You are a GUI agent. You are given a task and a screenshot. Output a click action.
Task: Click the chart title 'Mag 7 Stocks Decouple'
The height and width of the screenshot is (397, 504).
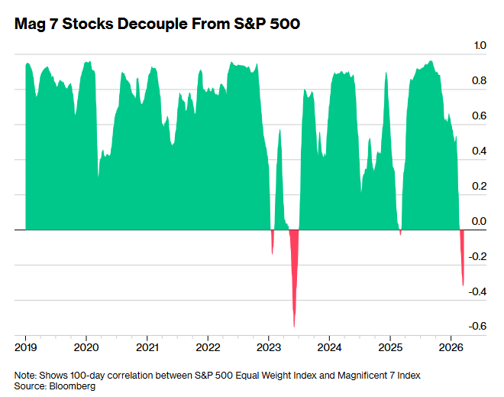tap(157, 24)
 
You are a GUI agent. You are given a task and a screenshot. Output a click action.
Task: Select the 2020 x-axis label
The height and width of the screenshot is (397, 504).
tap(86, 345)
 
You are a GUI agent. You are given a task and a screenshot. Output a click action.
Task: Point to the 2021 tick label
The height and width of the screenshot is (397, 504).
tap(147, 345)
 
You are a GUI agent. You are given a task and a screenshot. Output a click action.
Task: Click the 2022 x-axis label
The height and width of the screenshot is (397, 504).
tap(208, 345)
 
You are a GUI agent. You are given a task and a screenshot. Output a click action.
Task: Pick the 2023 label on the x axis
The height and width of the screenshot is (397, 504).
tap(269, 345)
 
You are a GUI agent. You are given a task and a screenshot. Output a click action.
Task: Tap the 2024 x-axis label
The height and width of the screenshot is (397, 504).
tap(329, 345)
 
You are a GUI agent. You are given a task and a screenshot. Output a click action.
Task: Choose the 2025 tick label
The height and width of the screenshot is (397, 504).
tap(390, 345)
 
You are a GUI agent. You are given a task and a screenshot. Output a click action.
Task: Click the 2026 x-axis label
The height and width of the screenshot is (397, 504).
tap(451, 345)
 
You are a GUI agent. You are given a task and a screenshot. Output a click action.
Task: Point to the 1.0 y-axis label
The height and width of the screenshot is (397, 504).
tap(480, 46)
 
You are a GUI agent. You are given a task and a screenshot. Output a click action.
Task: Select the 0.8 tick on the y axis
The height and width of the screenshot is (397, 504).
tap(480, 81)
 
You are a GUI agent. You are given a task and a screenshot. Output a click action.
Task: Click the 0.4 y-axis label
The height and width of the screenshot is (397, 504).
tap(480, 151)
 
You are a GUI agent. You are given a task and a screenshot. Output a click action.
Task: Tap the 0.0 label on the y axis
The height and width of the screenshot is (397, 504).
tap(480, 222)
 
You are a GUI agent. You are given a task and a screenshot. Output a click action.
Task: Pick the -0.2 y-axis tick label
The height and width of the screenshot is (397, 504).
tap(477, 257)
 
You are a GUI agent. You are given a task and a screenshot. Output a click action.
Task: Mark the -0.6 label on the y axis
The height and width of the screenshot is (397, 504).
tap(477, 327)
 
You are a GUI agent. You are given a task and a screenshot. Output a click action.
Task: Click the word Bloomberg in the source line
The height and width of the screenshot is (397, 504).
tap(74, 386)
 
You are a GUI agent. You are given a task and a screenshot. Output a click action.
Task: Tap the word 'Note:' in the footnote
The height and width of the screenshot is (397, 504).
tap(26, 375)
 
